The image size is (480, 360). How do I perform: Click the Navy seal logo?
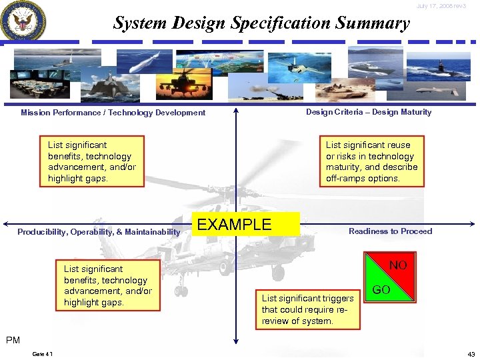(23, 21)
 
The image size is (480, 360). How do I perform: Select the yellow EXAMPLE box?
(245, 225)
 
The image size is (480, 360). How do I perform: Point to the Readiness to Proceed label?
(390, 231)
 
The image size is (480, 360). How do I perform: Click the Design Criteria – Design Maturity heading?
(368, 112)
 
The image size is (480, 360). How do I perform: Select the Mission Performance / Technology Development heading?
(113, 113)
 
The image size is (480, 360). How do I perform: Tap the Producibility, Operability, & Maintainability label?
(99, 232)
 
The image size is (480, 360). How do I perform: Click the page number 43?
(470, 353)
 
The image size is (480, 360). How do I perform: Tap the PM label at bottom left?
(13, 340)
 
